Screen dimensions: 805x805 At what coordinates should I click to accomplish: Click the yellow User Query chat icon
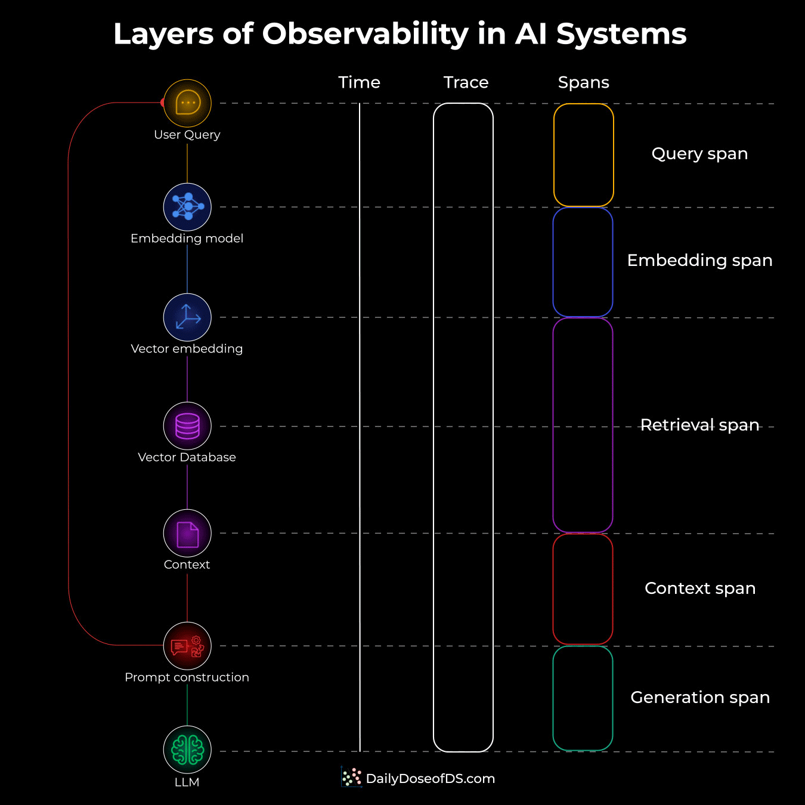point(187,103)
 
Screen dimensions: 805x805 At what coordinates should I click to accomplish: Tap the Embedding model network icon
point(187,207)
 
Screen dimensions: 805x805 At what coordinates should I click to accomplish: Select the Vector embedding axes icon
point(187,317)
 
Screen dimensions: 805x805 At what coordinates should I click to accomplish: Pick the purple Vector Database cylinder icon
point(187,426)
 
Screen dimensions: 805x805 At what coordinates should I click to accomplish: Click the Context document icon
point(187,533)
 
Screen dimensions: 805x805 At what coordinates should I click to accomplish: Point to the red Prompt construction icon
point(187,646)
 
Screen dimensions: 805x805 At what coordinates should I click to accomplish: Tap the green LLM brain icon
point(187,750)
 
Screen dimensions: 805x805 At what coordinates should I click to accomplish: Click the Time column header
point(359,82)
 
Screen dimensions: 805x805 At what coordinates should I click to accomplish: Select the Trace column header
point(466,82)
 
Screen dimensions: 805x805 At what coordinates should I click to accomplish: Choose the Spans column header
point(583,82)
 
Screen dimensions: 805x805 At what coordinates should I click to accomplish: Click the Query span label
point(699,154)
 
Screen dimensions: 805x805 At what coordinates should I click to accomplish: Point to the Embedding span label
point(699,261)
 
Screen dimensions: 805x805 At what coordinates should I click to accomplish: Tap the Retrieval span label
point(699,425)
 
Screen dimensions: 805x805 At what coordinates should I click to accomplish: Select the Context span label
point(700,589)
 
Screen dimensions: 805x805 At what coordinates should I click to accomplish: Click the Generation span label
point(700,698)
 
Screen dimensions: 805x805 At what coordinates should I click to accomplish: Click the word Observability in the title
point(365,34)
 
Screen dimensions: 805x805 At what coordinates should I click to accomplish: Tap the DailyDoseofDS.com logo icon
point(352,777)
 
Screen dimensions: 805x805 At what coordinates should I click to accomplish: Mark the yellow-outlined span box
point(583,155)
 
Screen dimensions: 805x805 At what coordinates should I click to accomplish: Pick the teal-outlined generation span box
point(583,698)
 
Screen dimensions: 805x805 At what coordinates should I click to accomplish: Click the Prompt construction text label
point(187,677)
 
